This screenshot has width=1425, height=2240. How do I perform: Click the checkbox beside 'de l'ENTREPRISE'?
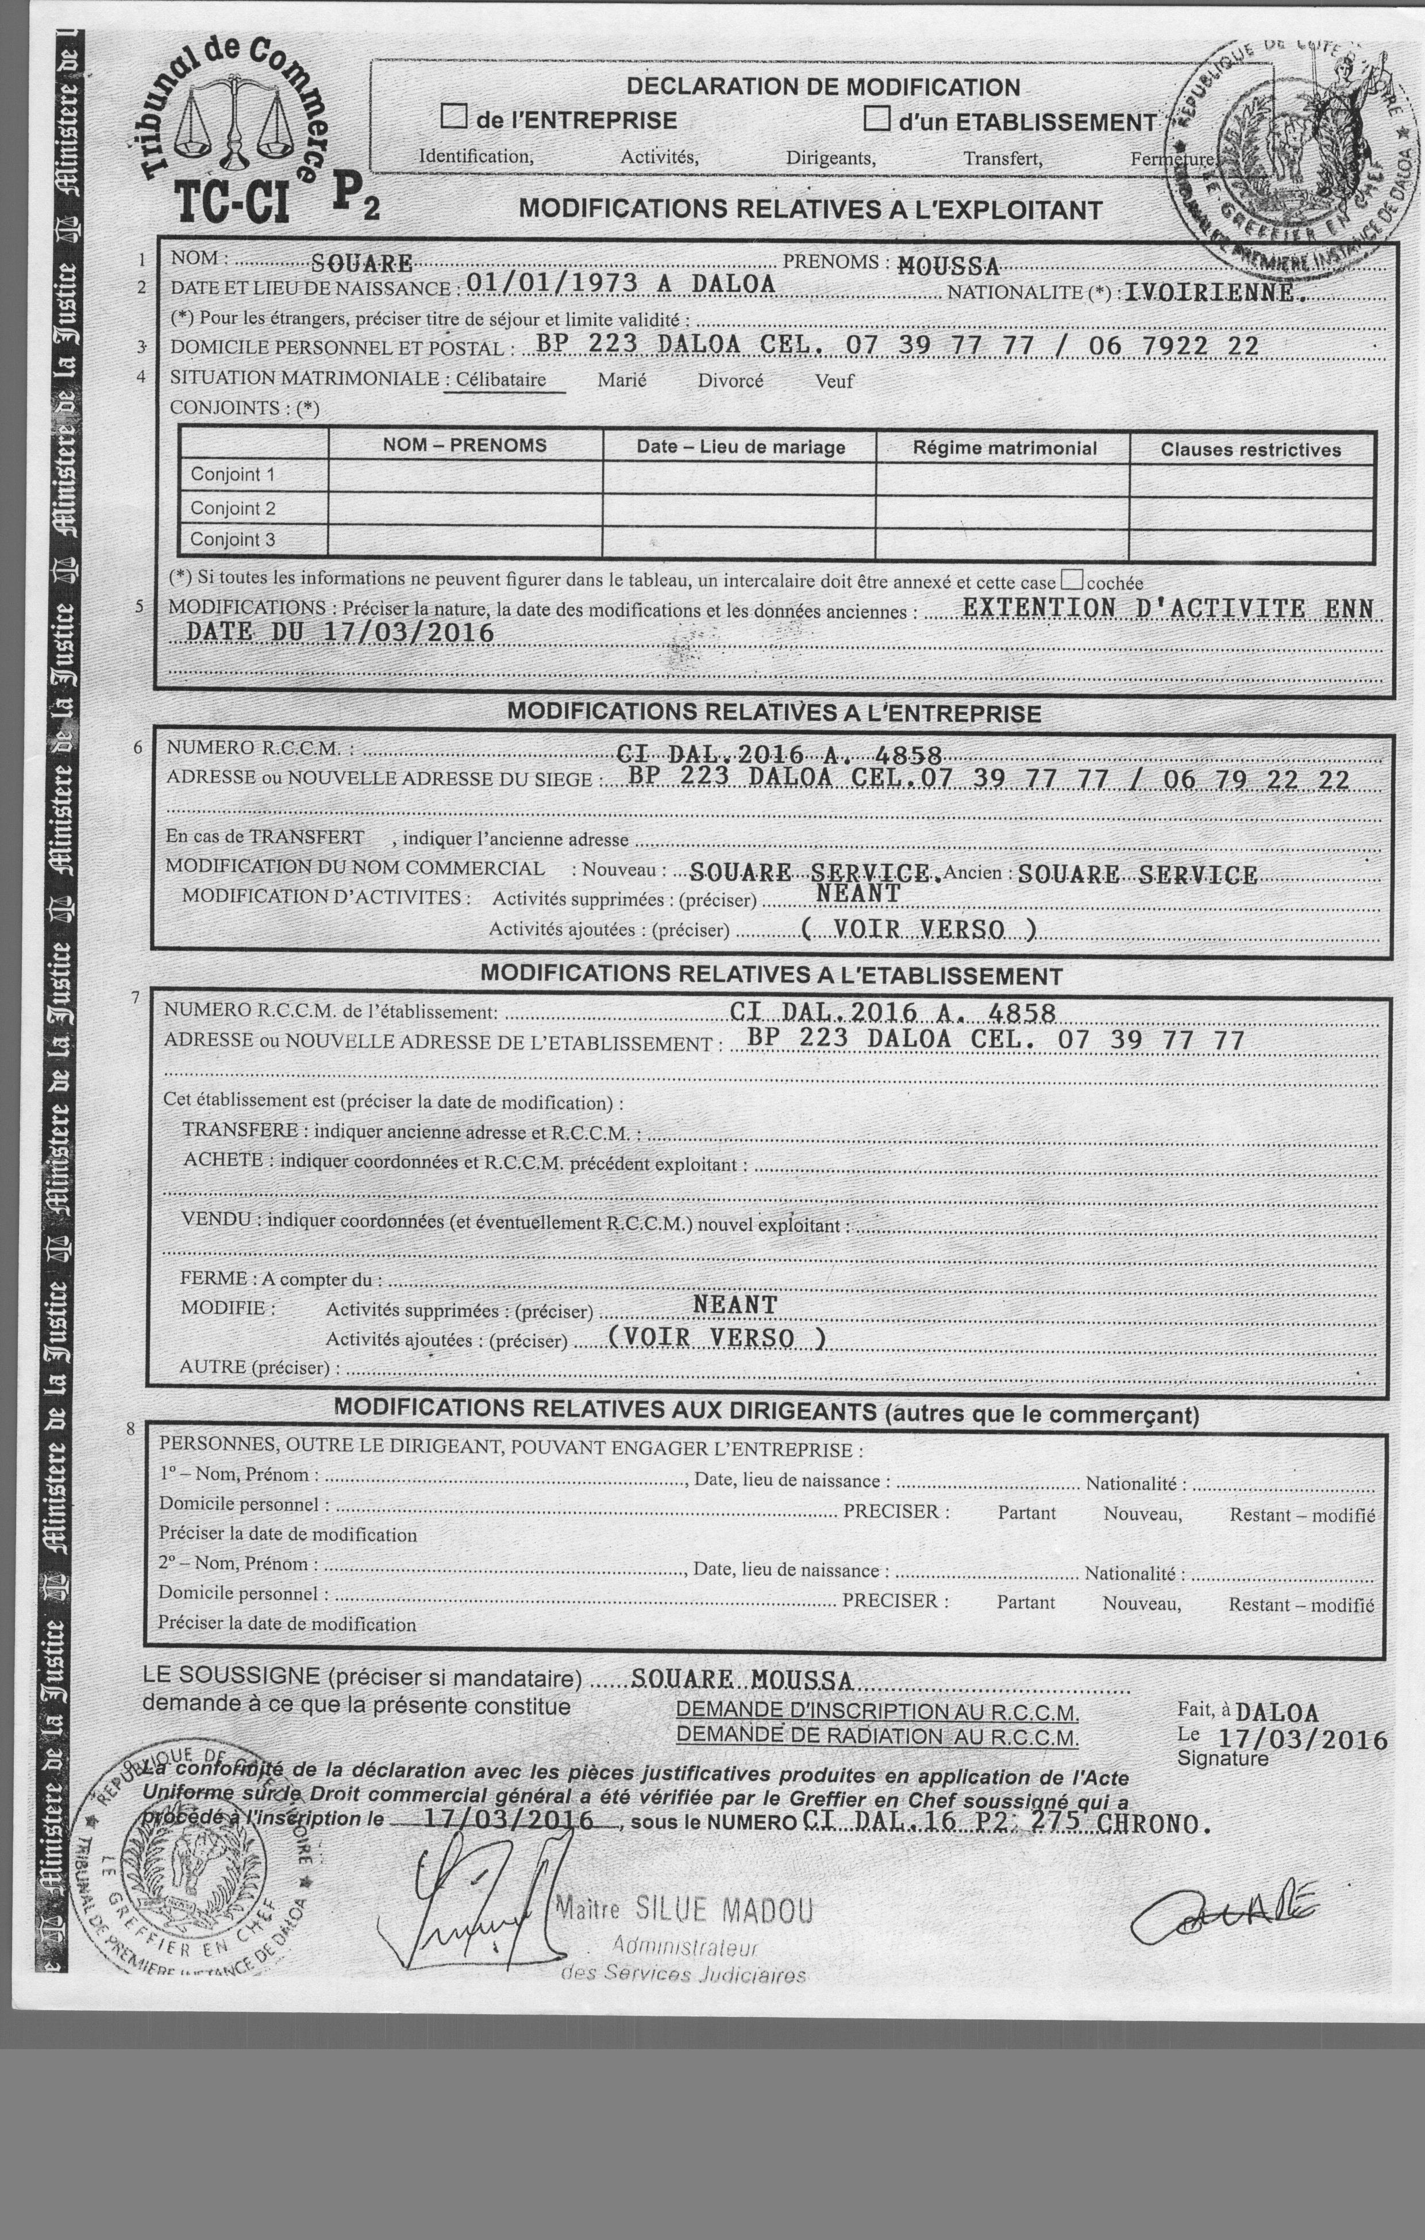454,117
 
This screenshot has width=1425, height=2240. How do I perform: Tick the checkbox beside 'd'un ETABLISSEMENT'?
876,119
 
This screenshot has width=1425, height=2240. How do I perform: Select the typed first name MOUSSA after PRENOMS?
948,267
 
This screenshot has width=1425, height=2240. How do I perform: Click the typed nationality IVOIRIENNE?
1209,293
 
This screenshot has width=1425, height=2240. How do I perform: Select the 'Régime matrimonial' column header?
1004,448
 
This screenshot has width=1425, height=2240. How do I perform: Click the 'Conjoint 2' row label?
233,508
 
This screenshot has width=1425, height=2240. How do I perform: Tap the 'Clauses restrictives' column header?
1250,450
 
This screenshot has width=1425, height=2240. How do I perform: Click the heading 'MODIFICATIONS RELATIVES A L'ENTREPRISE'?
774,713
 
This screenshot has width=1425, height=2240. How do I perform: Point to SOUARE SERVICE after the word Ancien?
1138,874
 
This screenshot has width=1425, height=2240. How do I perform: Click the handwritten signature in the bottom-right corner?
1223,1916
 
